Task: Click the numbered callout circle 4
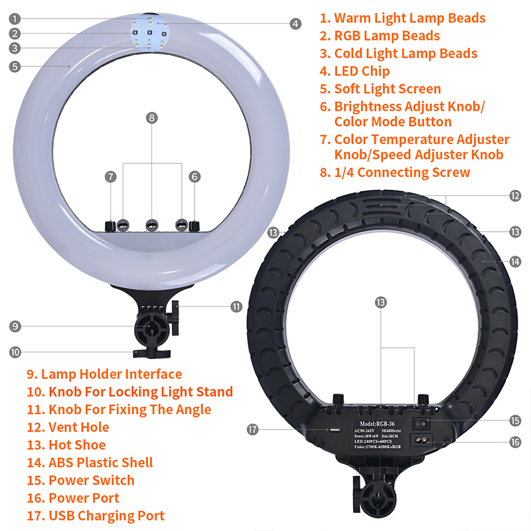tap(295, 23)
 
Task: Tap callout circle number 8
tap(152, 118)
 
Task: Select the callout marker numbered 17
tap(252, 429)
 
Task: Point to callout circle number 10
tap(15, 352)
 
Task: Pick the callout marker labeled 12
tap(515, 196)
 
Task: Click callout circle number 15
tap(515, 420)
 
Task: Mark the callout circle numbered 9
tap(15, 326)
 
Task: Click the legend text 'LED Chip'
tap(362, 71)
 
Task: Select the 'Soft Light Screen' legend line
tap(388, 89)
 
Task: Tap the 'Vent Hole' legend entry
tap(78, 427)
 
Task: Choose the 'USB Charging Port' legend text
tap(106, 516)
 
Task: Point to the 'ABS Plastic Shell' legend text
tap(100, 463)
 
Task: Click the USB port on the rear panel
tap(330, 429)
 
